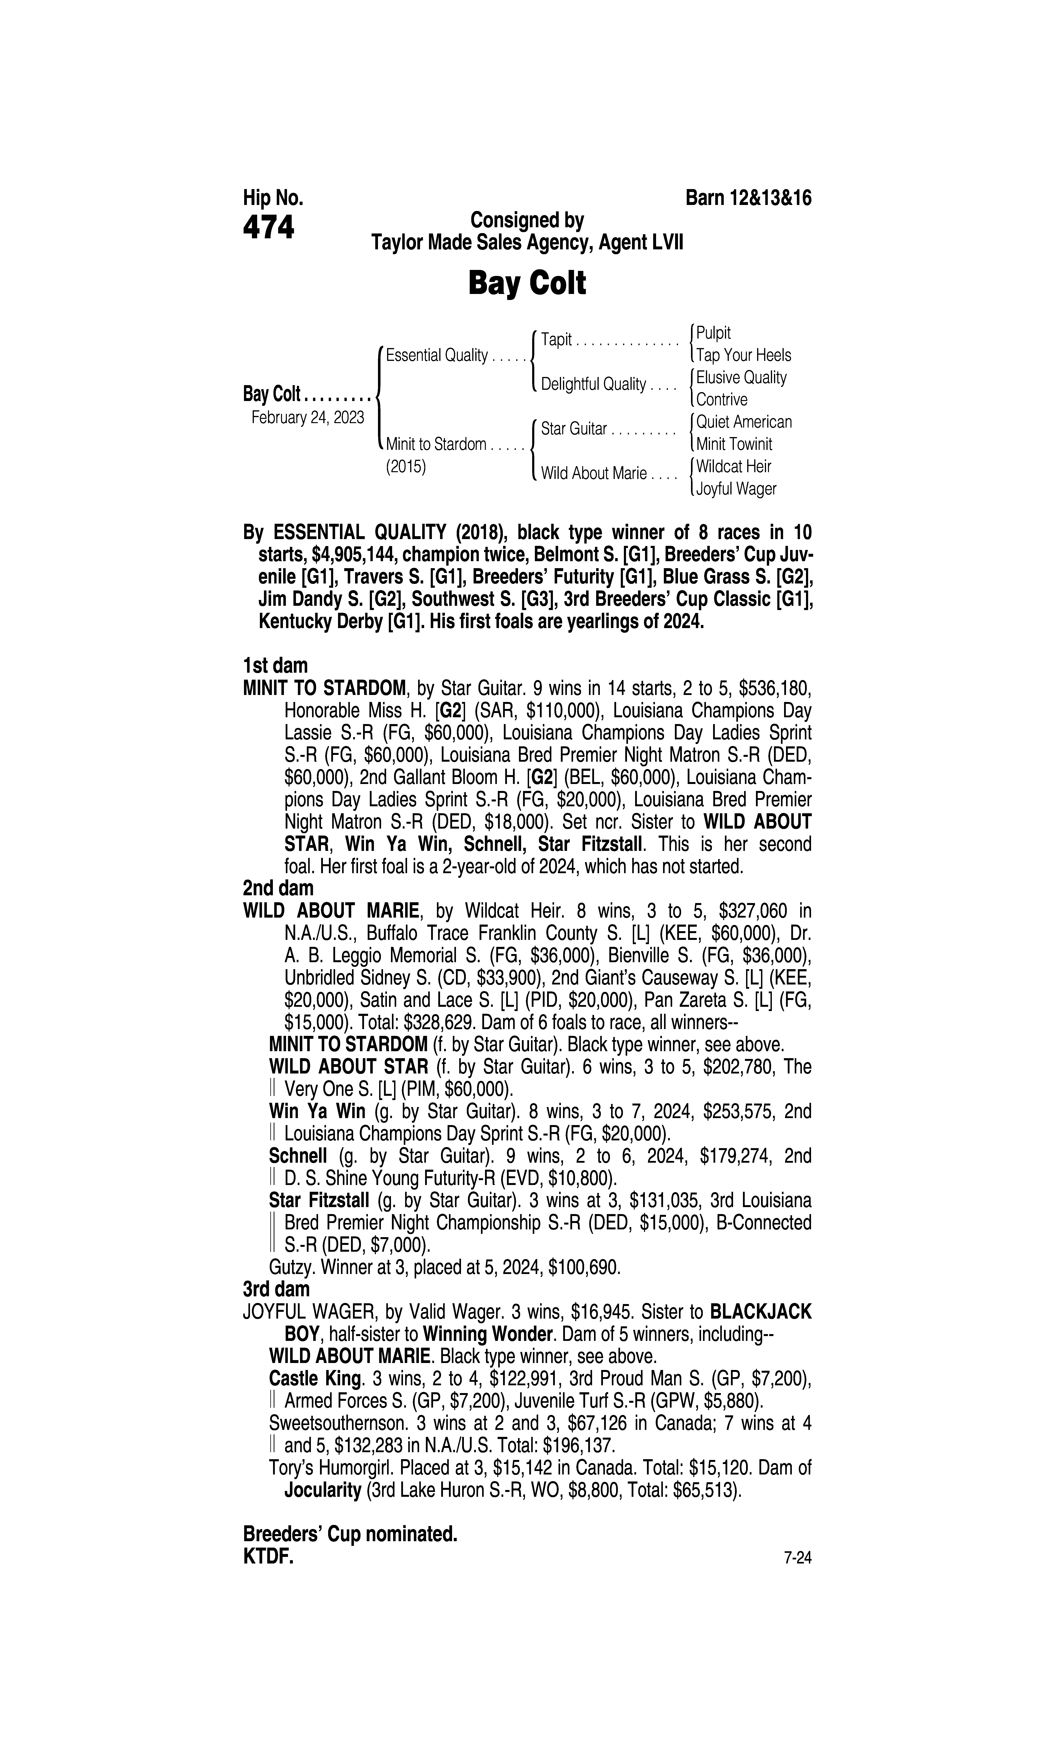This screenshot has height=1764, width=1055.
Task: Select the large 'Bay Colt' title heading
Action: (527, 283)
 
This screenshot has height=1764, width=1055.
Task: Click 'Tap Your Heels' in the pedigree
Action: (743, 355)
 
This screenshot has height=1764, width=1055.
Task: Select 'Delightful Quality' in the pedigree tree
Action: (593, 385)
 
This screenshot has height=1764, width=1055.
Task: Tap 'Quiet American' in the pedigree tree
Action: (744, 422)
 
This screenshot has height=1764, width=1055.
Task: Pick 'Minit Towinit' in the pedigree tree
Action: (734, 444)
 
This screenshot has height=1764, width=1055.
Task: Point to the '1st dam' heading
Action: (275, 666)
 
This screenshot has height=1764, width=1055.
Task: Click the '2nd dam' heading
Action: (278, 888)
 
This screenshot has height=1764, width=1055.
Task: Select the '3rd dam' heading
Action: (277, 1289)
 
